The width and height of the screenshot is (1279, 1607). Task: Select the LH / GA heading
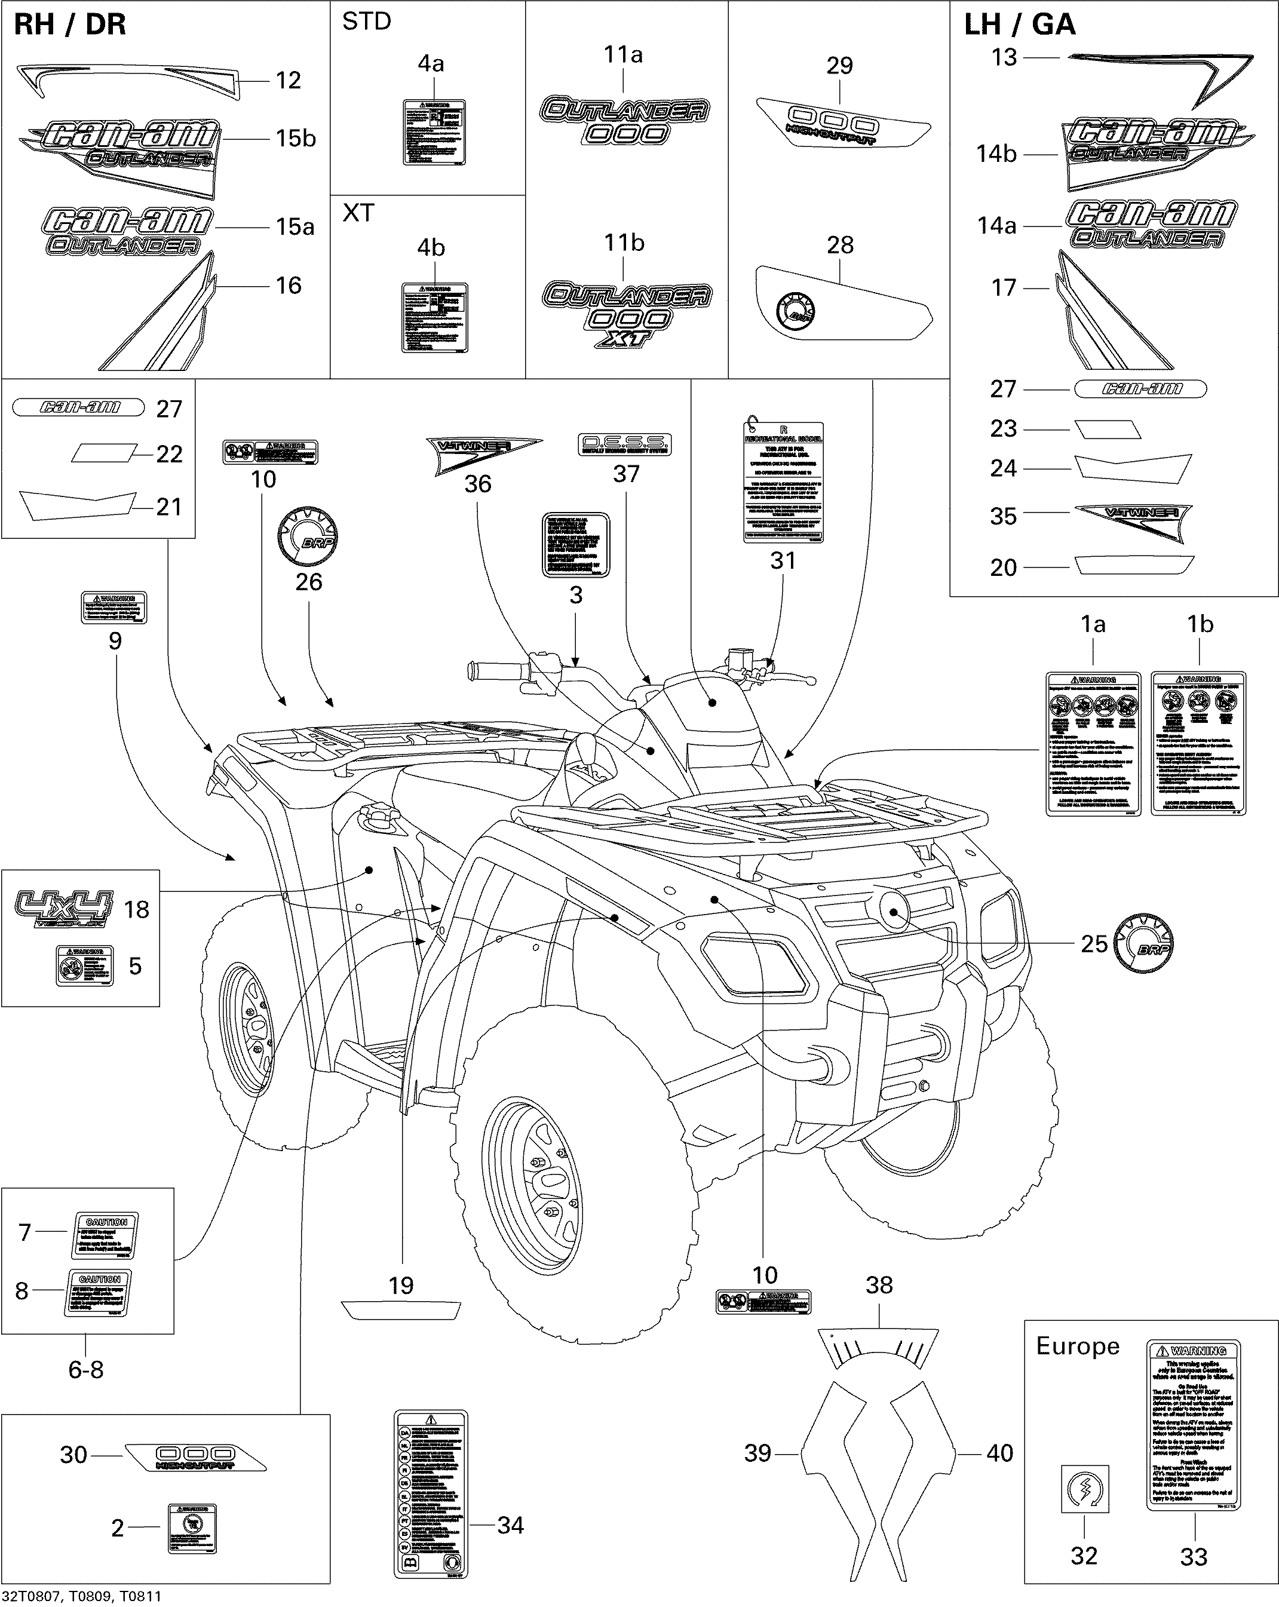click(x=1019, y=24)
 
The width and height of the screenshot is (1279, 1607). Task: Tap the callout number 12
click(x=288, y=81)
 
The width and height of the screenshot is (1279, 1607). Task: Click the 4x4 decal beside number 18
click(x=64, y=908)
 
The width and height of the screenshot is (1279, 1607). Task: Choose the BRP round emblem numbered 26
click(x=306, y=538)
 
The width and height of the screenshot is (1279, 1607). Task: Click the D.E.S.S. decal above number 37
click(x=625, y=445)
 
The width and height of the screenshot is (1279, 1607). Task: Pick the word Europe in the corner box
click(x=1077, y=1346)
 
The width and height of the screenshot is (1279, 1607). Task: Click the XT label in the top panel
click(x=358, y=213)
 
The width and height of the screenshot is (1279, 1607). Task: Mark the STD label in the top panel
click(x=366, y=22)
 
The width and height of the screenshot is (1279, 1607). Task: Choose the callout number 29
click(x=839, y=66)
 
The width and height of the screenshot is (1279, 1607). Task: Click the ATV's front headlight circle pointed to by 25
click(x=894, y=908)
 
